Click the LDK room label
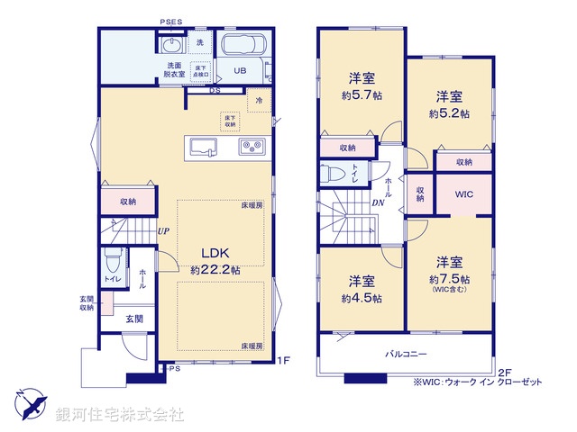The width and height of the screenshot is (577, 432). [215, 253]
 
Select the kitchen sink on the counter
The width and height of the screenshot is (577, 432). [200, 148]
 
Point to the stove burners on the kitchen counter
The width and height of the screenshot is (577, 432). [250, 147]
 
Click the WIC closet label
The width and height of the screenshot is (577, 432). [464, 194]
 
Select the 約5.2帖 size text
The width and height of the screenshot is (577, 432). [449, 114]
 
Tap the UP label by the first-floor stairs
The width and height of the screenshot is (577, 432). [162, 231]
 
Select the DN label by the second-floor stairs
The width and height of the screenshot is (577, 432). [378, 202]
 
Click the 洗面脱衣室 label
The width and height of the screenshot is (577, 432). [175, 70]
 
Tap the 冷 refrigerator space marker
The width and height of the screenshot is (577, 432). [260, 101]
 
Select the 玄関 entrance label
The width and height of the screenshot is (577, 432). [133, 319]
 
